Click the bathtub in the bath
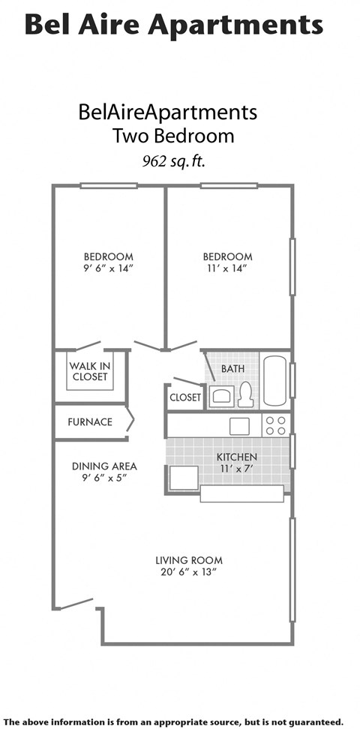point(274,380)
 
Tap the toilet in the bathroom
point(245,394)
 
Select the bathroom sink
point(222,396)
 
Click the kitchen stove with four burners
point(276,426)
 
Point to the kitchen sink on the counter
point(240,426)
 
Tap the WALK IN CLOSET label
point(90,371)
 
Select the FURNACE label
point(90,421)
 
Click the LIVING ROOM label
point(189,560)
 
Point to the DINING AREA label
point(104,466)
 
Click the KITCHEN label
point(237,457)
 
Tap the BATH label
point(232,369)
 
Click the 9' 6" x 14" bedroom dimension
point(108,268)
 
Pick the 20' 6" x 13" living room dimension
point(189,572)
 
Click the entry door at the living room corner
point(76,603)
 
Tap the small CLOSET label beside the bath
point(185,397)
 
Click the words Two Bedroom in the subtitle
point(173,136)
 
